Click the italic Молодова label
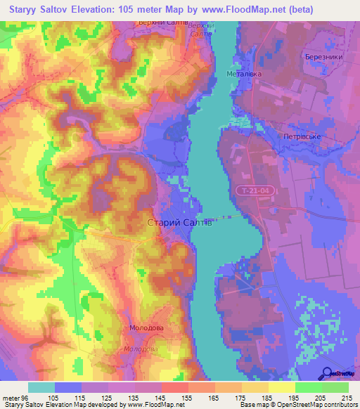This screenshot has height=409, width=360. point(140,349)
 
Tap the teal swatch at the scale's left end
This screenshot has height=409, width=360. point(41,387)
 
